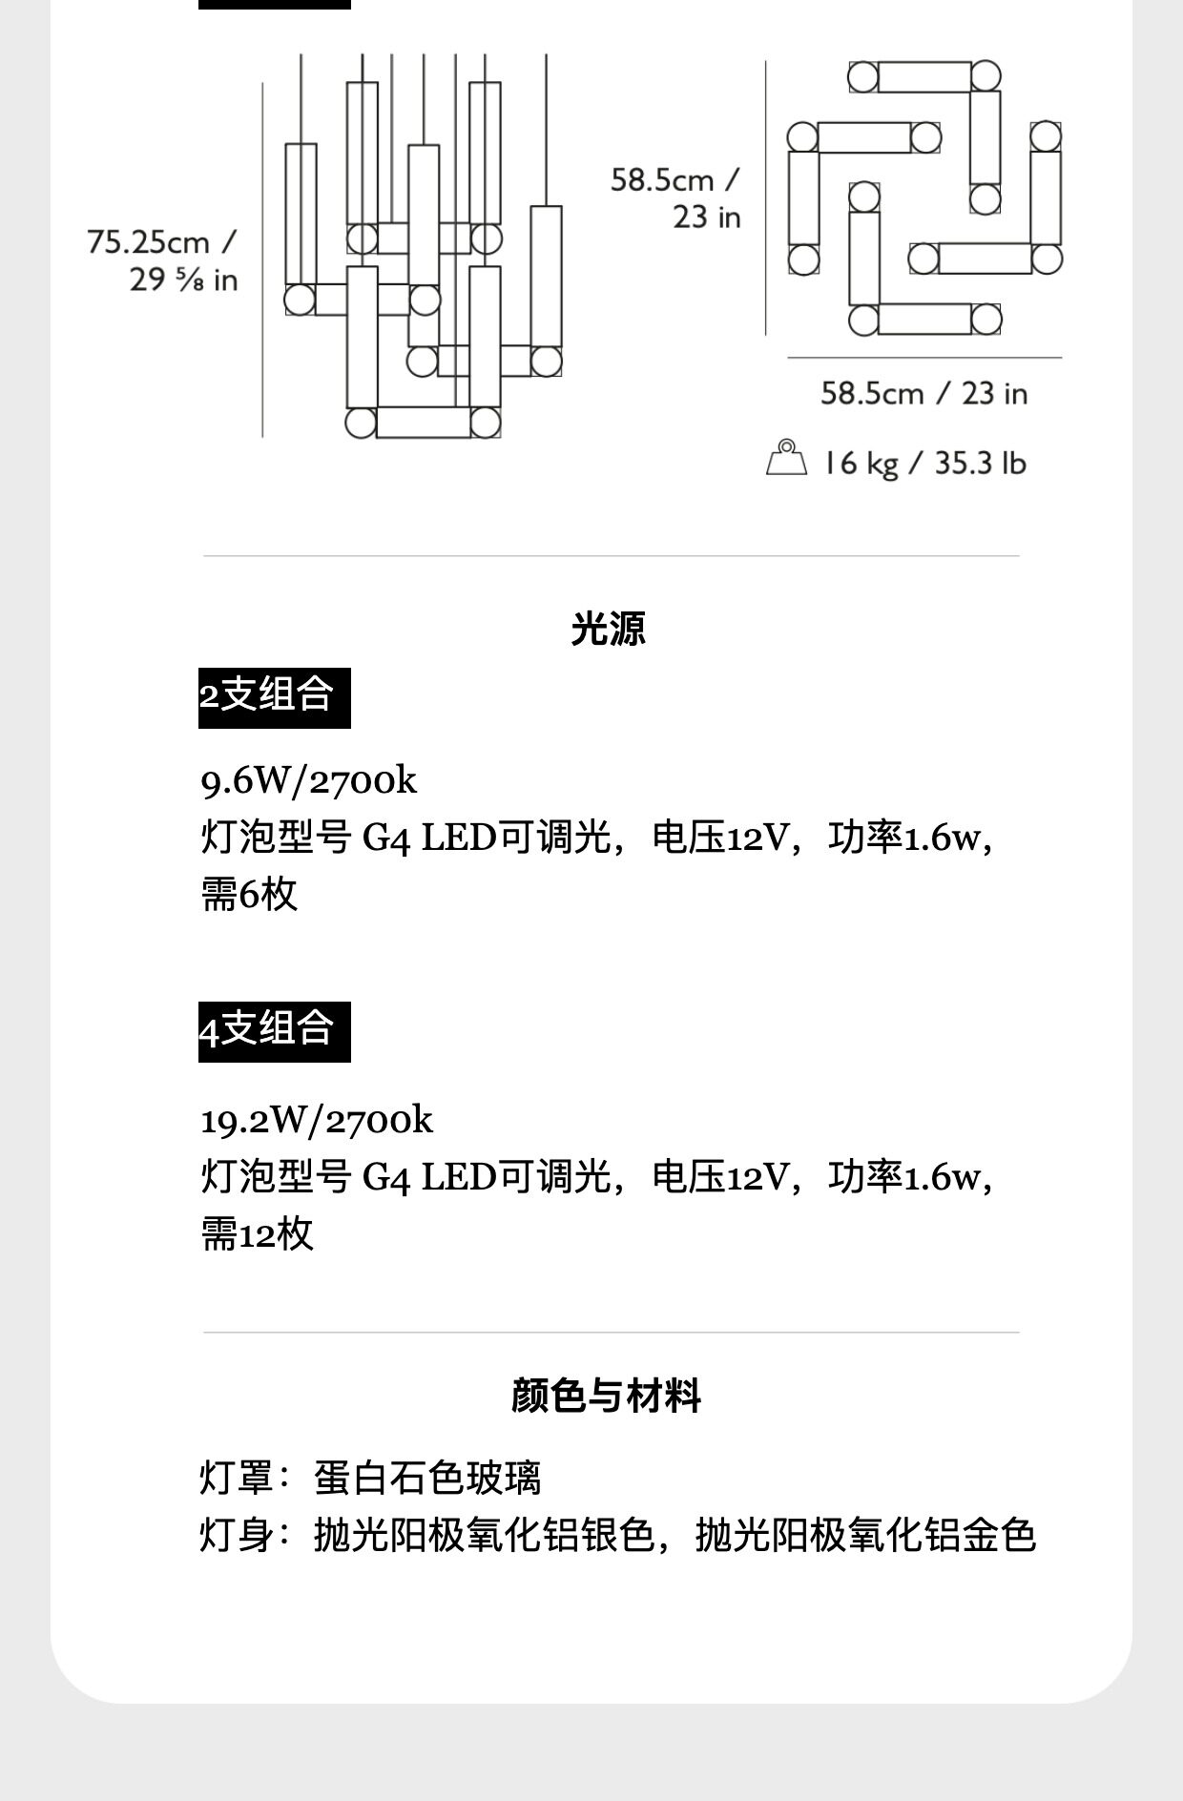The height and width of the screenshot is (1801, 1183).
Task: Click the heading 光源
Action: [x=608, y=629]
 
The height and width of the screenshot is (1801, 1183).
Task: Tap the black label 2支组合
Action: [x=274, y=696]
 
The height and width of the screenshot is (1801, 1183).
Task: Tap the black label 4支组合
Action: [x=274, y=1030]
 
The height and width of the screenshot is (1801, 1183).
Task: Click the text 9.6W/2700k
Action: [x=308, y=781]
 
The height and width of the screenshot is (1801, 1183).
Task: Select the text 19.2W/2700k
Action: [x=316, y=1120]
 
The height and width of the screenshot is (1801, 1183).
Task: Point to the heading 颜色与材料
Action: [x=606, y=1395]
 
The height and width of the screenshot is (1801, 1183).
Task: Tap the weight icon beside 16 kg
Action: [x=785, y=459]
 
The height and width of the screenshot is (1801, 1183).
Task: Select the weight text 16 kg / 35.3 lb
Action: [x=924, y=464]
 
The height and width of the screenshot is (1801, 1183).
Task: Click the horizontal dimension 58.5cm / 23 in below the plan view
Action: [x=924, y=393]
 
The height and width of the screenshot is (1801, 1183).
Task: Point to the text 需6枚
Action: [x=249, y=895]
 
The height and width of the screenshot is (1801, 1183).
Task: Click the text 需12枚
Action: [x=257, y=1233]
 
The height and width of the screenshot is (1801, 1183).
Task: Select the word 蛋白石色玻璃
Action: [x=427, y=1479]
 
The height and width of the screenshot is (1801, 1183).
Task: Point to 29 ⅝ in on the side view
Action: [x=183, y=280]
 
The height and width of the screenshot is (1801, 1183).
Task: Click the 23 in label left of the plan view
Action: [x=706, y=217]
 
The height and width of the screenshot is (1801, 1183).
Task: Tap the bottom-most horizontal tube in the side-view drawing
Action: [x=423, y=423]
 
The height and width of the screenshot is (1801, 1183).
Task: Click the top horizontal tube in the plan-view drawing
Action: [x=924, y=77]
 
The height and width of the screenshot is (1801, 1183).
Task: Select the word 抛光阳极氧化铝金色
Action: [x=865, y=1536]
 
